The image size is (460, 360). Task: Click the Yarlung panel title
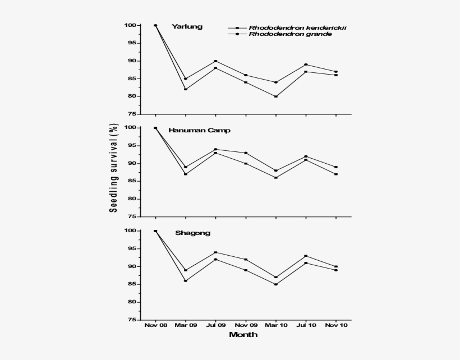click(187, 26)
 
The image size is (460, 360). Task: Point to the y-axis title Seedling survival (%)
click(113, 169)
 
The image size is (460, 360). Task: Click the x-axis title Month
click(243, 335)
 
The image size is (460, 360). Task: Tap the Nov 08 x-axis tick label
click(155, 325)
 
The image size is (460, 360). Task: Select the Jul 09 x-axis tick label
click(215, 325)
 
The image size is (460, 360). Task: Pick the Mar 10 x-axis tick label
click(276, 325)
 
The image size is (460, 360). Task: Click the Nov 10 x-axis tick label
click(336, 325)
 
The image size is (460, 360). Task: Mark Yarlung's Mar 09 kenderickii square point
click(186, 89)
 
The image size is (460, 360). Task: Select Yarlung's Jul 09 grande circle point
click(215, 61)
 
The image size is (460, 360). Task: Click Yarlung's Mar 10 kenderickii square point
click(276, 96)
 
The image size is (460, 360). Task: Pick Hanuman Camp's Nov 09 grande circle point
click(246, 153)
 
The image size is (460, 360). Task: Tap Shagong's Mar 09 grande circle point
click(186, 280)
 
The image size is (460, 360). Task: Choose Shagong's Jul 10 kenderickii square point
click(306, 256)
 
